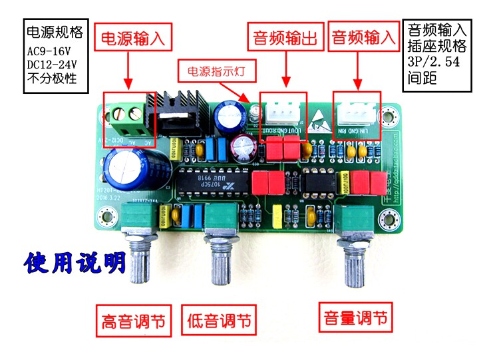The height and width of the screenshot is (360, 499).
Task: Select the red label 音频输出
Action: (x=286, y=38)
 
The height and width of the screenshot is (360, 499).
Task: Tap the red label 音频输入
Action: (x=363, y=38)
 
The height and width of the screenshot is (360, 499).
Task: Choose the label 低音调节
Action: (x=218, y=321)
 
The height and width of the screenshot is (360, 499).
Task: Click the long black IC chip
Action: (x=215, y=180)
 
